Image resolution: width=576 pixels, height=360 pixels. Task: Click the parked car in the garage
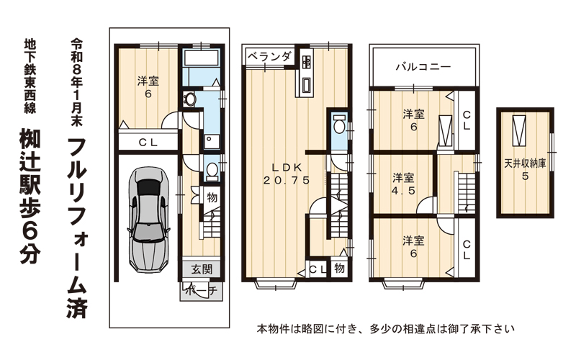[149, 220]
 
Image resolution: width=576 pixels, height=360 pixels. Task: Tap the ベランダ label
[269, 57]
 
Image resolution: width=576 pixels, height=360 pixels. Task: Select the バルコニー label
[423, 66]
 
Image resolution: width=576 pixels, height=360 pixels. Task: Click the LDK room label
[287, 168]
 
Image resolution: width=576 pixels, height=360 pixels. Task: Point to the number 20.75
[287, 180]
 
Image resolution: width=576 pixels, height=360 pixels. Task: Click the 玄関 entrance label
[202, 269]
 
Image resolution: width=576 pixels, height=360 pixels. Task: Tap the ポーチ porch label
[202, 291]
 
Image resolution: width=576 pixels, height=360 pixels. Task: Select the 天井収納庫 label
[525, 163]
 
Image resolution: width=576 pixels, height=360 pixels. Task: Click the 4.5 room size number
[403, 191]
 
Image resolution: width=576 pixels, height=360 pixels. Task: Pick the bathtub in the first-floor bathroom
[200, 58]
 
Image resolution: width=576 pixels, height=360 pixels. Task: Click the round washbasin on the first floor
[190, 99]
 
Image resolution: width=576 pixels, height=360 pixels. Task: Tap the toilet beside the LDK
[338, 125]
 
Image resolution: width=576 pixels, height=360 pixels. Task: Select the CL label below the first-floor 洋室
[148, 143]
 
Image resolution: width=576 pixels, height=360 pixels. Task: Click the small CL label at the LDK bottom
[317, 269]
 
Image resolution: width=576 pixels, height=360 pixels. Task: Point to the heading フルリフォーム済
[78, 228]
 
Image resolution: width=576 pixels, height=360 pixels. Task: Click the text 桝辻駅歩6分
[30, 195]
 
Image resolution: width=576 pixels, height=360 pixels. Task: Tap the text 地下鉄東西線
[30, 76]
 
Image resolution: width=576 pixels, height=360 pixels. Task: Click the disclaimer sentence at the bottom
[385, 328]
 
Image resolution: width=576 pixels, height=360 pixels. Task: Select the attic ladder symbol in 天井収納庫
[519, 130]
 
